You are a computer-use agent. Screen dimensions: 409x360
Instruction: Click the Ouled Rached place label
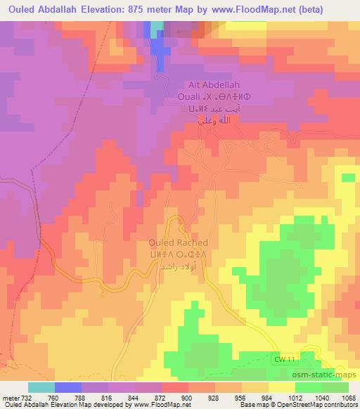(179, 242)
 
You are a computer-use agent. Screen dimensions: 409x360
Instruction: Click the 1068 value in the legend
(340, 397)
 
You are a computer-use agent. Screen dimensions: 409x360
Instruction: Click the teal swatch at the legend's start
(41, 387)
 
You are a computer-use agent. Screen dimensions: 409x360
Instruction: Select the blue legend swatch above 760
(67, 387)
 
